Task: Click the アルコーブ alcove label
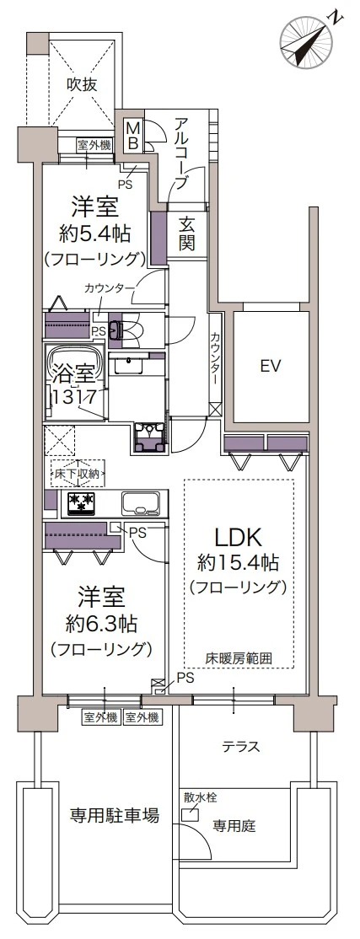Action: [181, 154]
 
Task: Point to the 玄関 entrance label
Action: [187, 234]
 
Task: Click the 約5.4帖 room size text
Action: [94, 234]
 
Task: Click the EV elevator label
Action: [271, 365]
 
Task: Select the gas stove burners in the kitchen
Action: [80, 502]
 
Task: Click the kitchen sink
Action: [142, 503]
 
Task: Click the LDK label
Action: [239, 539]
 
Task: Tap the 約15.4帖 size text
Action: [239, 563]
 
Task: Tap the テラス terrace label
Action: [241, 747]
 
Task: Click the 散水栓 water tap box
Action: [191, 815]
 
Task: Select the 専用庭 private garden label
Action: [234, 826]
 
